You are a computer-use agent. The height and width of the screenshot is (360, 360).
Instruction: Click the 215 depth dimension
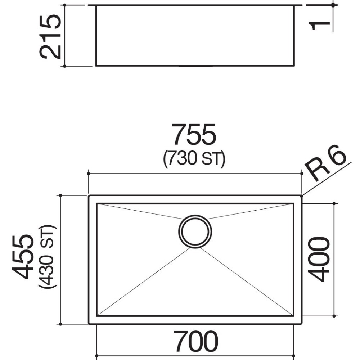[x=50, y=36]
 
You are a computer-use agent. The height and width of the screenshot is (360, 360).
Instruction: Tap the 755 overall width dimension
[x=194, y=135]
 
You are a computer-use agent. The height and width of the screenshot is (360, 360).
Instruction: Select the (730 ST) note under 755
[x=194, y=158]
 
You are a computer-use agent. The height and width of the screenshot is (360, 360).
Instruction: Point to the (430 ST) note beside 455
[x=48, y=256]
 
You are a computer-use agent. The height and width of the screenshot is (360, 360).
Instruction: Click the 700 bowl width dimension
[x=195, y=342]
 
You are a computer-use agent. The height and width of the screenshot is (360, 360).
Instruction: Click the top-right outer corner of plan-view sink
[x=301, y=196]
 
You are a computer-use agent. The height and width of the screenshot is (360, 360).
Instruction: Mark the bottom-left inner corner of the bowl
[x=97, y=316]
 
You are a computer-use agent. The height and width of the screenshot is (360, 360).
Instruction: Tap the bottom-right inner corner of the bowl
[x=293, y=316]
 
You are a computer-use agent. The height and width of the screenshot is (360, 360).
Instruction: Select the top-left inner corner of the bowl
[x=97, y=204]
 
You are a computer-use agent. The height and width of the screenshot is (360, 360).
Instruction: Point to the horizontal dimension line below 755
[x=194, y=174]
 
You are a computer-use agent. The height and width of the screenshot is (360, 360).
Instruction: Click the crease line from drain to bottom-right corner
[x=248, y=283]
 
